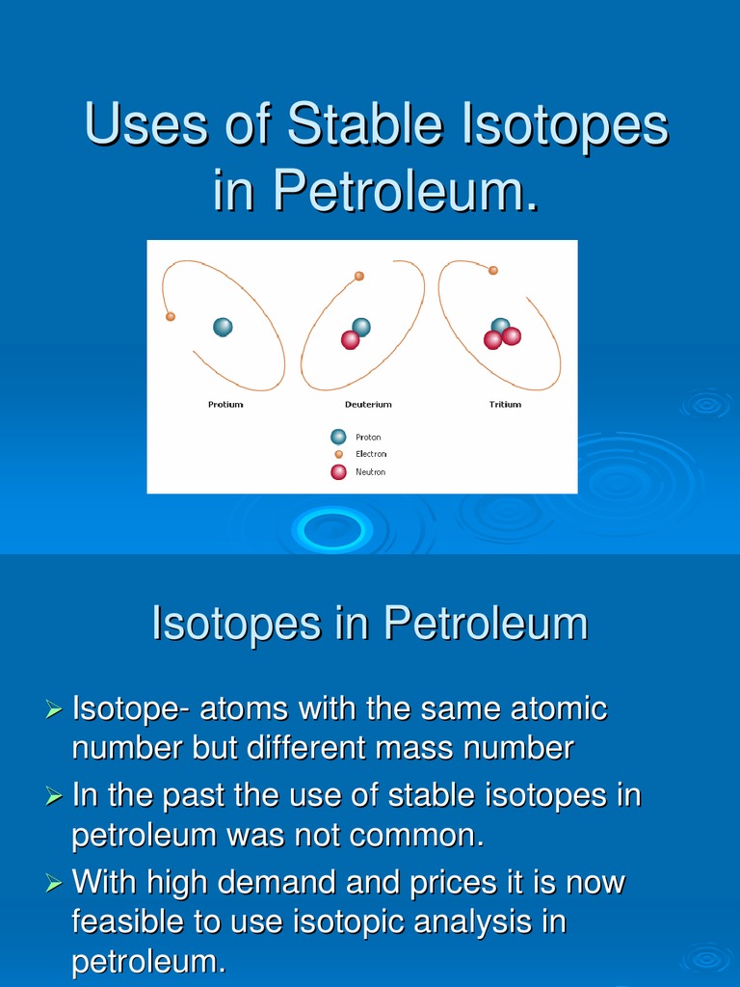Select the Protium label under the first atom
225,405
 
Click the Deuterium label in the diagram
368,405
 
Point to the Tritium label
505,405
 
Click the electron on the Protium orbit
171,316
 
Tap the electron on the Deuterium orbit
359,276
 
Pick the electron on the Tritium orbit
493,271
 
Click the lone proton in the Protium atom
223,327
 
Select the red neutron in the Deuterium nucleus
351,339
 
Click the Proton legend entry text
368,438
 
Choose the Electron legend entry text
371,454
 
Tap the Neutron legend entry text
370,472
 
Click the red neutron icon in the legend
338,472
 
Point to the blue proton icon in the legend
338,437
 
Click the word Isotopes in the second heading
233,624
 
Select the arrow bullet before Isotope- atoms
54,710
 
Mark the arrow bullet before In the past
54,797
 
